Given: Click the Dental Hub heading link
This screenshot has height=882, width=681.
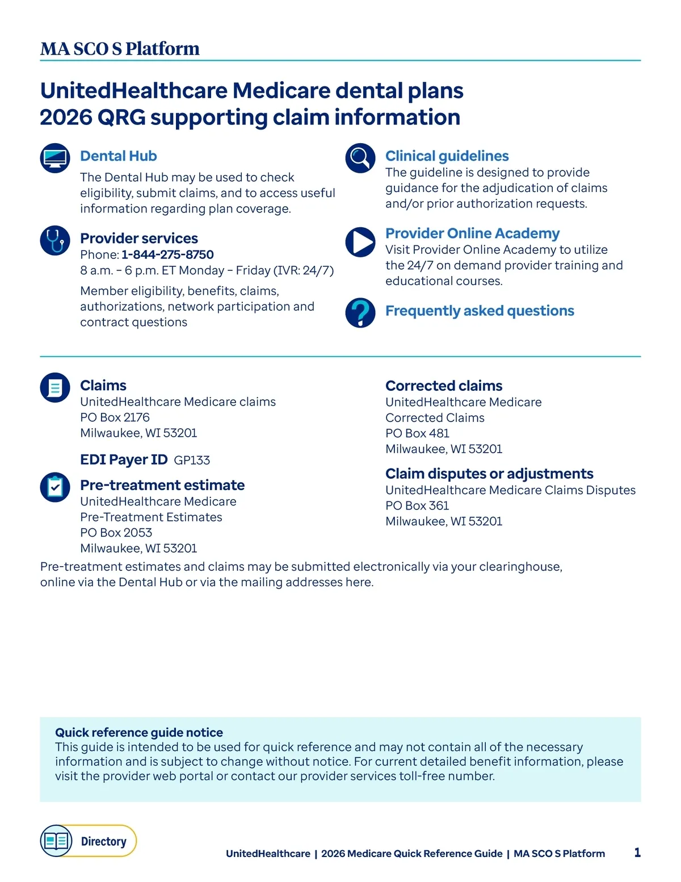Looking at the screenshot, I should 118,156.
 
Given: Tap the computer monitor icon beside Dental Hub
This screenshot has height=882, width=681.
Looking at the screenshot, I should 55,158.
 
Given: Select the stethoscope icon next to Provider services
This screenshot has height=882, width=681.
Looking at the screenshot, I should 55,240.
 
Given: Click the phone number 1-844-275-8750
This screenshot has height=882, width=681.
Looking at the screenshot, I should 167,254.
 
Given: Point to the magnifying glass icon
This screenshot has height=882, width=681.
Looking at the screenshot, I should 360,158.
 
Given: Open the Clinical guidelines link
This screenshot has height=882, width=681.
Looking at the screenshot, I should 447,156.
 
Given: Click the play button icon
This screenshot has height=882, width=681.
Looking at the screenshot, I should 360,242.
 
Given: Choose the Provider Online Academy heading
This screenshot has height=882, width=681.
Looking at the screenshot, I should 472,233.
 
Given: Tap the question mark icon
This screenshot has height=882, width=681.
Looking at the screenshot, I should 360,312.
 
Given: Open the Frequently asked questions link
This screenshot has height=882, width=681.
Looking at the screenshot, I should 480,311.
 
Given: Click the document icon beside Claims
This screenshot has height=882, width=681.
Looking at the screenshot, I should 55,388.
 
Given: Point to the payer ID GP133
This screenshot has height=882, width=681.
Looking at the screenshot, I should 192,460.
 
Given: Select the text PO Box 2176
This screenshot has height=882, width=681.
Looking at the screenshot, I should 115,417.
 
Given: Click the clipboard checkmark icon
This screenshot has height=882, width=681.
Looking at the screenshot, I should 55,487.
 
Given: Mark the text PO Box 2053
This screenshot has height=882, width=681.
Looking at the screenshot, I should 116,533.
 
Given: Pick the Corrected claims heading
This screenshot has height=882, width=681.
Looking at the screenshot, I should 444,386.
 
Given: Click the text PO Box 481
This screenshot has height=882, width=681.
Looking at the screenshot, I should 417,433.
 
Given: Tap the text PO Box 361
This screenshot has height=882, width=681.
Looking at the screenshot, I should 417,505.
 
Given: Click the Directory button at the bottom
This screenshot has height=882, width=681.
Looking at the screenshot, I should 89,841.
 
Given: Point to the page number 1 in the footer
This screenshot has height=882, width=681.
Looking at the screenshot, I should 637,852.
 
